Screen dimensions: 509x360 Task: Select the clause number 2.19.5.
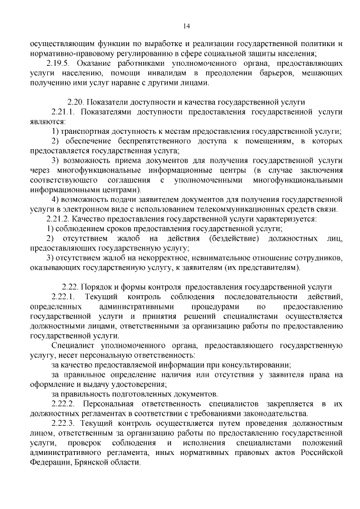[58, 63]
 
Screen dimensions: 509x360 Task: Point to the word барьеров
[271, 73]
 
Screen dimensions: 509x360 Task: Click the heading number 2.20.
[76, 102]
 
